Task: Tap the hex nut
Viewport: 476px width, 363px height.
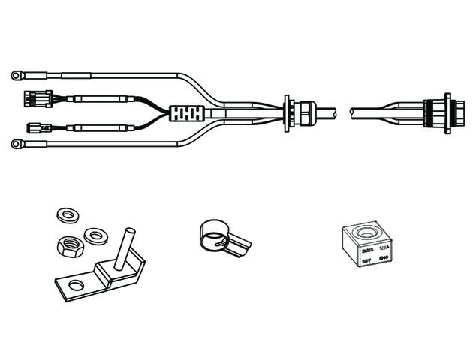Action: [70, 244]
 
